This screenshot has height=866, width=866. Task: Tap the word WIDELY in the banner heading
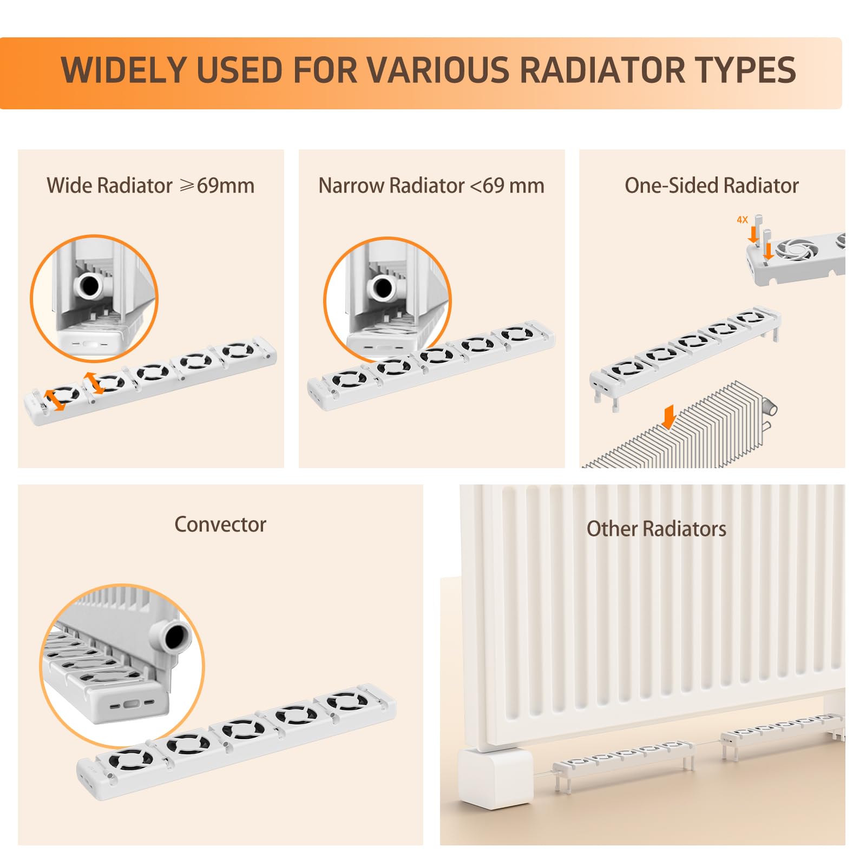point(124,70)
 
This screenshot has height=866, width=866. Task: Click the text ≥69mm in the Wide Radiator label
point(217,186)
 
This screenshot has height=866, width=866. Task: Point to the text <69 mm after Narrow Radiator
point(507,186)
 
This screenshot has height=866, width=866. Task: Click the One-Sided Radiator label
point(712,186)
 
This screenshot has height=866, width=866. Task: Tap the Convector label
point(220,524)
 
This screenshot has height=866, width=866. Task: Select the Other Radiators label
point(657,529)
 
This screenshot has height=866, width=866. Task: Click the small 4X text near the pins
point(742,220)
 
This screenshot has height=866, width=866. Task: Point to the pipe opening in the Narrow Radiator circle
point(383,287)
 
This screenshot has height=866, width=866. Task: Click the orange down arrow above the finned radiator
point(669,417)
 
